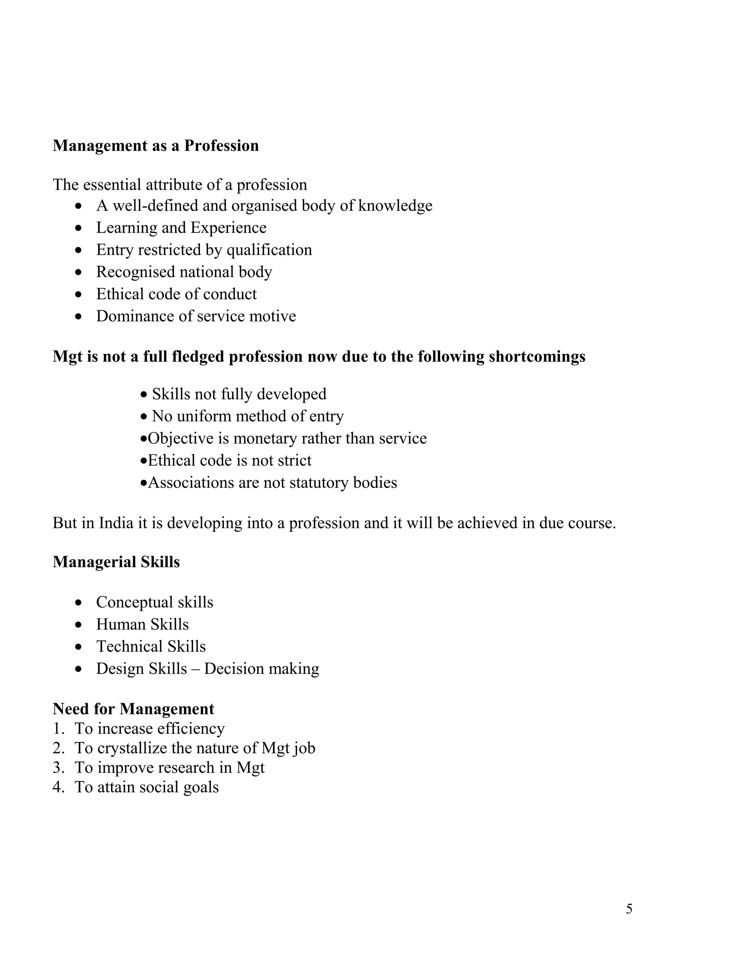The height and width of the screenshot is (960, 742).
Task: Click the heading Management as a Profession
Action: point(155,146)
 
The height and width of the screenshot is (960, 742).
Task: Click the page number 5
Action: point(629,909)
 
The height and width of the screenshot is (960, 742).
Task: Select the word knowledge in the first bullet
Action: point(395,206)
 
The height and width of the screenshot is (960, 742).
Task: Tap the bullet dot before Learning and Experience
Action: point(79,228)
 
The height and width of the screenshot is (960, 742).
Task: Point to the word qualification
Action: point(269,250)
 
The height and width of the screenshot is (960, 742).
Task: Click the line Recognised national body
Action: point(184,272)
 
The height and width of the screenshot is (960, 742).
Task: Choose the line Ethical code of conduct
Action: point(176,294)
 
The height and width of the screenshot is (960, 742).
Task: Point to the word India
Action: point(116,523)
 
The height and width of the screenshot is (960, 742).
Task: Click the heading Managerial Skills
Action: point(116,562)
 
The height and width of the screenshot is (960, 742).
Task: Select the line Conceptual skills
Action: point(154,602)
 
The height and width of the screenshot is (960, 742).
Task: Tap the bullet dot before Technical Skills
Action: point(79,647)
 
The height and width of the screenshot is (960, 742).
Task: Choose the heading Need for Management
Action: point(133,709)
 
